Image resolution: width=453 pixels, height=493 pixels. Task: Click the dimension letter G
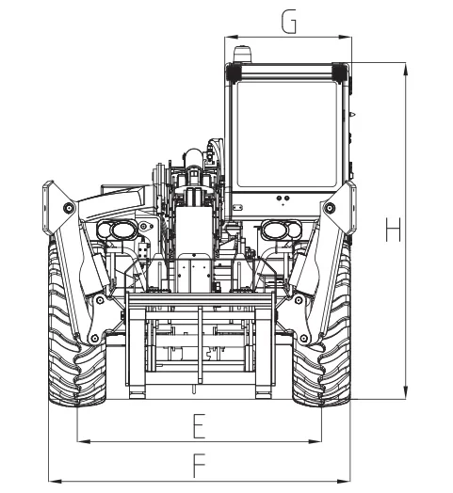(289, 22)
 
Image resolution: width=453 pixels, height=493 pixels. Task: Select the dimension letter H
(393, 230)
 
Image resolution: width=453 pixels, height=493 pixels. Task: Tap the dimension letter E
(199, 426)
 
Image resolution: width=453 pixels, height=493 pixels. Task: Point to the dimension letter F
(199, 466)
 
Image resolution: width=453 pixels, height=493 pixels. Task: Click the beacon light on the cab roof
(242, 54)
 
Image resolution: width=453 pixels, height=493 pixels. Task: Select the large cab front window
(287, 135)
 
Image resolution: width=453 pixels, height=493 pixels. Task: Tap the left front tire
(76, 324)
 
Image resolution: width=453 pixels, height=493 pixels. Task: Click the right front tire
(322, 324)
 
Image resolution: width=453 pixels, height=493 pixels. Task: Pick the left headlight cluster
(117, 230)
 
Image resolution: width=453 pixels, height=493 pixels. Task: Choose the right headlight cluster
(282, 230)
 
